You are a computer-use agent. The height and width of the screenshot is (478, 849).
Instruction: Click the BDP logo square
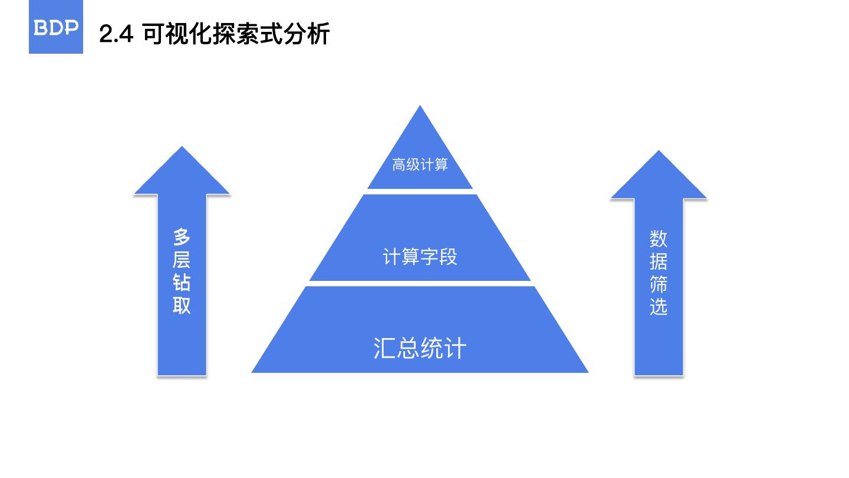(56, 27)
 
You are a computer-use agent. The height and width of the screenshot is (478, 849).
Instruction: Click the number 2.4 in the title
(116, 34)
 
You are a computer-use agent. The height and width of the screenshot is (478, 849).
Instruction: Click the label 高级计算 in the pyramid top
(420, 165)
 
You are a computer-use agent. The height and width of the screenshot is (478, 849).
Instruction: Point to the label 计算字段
(420, 257)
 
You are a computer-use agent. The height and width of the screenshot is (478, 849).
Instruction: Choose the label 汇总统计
(420, 348)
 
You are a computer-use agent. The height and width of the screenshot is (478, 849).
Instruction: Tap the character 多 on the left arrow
(182, 237)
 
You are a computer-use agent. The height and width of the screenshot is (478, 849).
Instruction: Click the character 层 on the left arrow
(182, 260)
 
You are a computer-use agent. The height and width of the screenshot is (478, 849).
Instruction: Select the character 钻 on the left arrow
(182, 283)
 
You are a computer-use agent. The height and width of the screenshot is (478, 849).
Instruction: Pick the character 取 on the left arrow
(182, 306)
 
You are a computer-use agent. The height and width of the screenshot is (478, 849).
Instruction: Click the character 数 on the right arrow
(659, 239)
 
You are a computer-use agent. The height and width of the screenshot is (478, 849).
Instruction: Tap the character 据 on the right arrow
(659, 262)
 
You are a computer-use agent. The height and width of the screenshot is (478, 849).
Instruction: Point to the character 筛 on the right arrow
(659, 284)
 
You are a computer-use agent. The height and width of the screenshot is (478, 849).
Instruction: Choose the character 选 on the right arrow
(659, 307)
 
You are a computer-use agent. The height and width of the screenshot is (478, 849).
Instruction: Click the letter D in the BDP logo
(56, 28)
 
